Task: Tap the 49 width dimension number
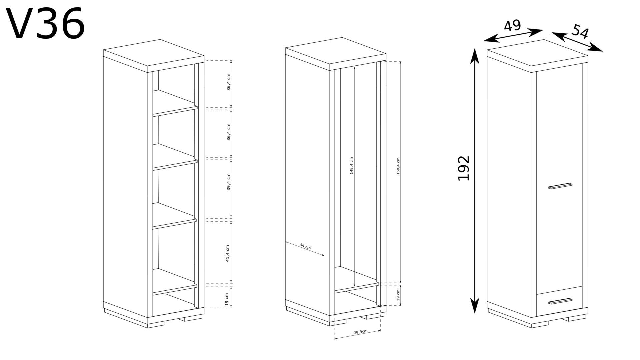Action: [512, 26]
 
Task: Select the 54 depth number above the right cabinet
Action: [580, 32]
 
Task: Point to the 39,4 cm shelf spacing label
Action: [228, 182]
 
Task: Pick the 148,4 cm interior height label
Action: [351, 170]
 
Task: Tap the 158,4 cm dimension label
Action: [398, 171]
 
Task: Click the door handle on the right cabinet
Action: [560, 186]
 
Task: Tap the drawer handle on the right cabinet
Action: [560, 301]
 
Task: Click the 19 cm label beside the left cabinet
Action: [227, 300]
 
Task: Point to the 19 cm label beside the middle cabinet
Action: [398, 294]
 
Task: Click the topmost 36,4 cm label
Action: [228, 82]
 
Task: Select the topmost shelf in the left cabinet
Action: [175, 103]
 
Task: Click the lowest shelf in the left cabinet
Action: [175, 282]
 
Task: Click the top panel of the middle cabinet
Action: [336, 54]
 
